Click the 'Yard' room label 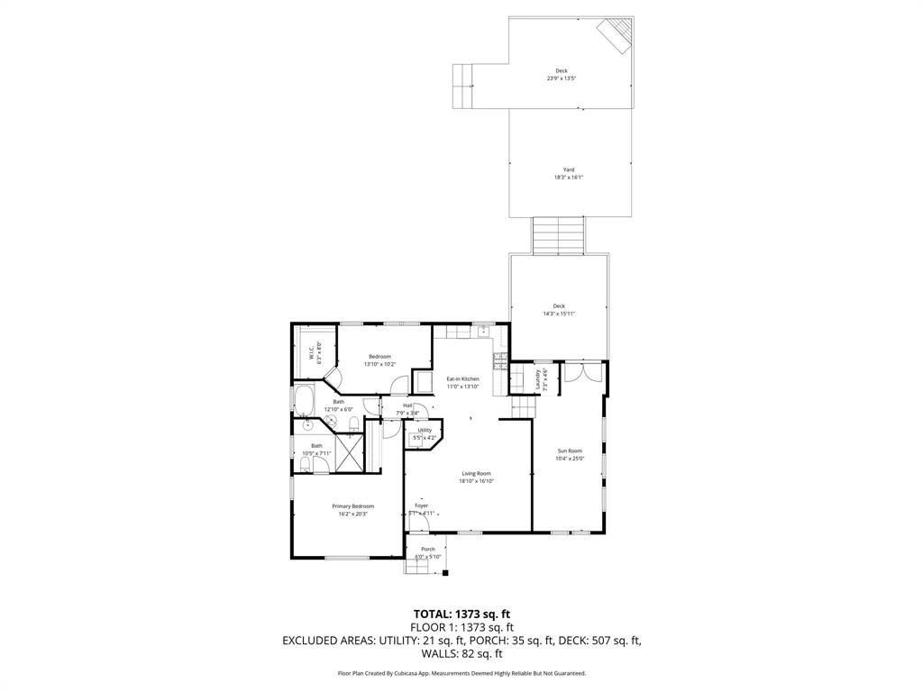pyautogui.click(x=569, y=169)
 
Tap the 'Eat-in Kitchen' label pyautogui.click(x=462, y=379)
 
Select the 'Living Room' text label pyautogui.click(x=477, y=473)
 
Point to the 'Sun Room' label pyautogui.click(x=570, y=451)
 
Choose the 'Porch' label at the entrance pyautogui.click(x=428, y=549)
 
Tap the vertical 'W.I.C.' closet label pyautogui.click(x=310, y=355)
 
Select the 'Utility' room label pyautogui.click(x=425, y=430)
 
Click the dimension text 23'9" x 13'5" pyautogui.click(x=561, y=78)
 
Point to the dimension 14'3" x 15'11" pyautogui.click(x=559, y=314)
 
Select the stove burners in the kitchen pyautogui.click(x=498, y=361)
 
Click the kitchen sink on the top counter pyautogui.click(x=484, y=329)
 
